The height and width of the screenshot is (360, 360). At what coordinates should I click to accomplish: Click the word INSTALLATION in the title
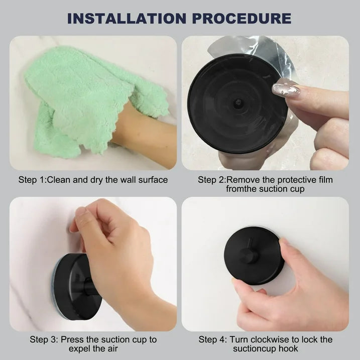pos(127,19)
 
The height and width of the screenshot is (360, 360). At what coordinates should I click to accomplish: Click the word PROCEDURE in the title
pos(242,19)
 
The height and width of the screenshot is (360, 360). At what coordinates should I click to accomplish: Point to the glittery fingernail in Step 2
pos(286,89)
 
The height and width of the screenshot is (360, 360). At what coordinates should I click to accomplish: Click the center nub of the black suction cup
pos(238,102)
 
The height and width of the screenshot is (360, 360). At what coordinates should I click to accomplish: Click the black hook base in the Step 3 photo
pos(76,287)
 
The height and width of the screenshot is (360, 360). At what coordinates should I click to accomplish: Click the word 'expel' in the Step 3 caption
pos(79,349)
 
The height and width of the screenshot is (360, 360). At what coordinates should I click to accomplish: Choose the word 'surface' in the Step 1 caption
pos(153,180)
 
